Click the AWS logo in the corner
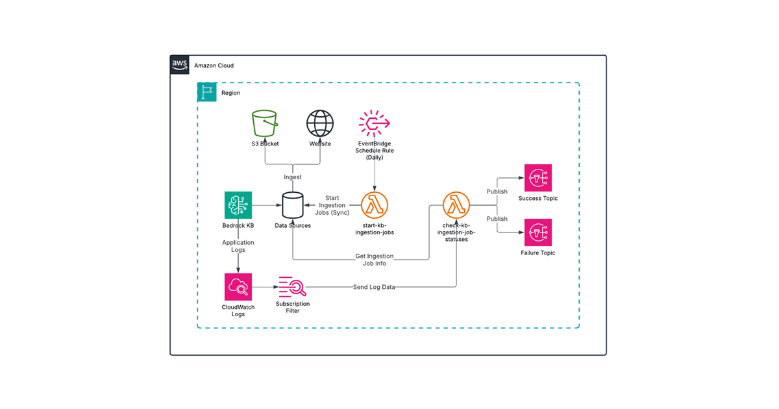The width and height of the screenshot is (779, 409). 180,64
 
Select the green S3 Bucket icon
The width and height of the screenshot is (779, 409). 265,123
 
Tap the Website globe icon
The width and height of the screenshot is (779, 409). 319,123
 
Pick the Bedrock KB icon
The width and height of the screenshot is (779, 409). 238,205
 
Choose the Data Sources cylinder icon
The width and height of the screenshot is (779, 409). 293,205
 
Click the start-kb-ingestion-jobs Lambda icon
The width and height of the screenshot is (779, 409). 375,205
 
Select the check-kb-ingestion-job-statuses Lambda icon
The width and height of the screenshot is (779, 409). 456,205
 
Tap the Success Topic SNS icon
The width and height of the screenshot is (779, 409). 538,178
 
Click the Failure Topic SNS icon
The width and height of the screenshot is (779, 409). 538,232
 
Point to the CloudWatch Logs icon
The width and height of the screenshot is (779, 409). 238,286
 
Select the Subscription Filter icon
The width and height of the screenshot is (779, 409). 292,286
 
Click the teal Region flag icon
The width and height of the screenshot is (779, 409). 206,92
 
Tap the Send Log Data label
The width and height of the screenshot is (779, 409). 373,287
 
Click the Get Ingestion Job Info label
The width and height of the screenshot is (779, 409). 375,260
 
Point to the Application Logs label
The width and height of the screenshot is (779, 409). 238,246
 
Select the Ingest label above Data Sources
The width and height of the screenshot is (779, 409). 293,177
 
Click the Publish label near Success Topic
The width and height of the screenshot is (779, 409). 497,192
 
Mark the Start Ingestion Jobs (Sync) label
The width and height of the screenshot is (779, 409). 332,206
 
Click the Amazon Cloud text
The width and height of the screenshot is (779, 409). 214,66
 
